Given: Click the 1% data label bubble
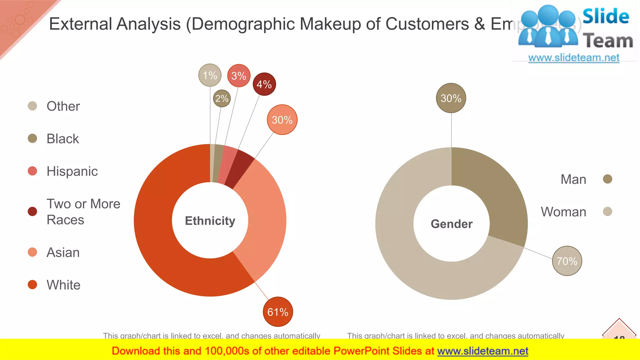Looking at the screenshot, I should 210,75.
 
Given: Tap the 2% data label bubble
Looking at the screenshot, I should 222,98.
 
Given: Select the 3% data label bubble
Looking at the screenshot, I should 239,76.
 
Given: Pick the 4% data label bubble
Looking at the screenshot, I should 264,84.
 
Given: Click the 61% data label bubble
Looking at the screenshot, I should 278,312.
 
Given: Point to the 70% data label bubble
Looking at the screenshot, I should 567,261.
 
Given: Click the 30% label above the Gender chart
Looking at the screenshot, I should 451,98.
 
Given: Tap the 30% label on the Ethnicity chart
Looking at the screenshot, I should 282,120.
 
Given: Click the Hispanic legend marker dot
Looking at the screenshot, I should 32,171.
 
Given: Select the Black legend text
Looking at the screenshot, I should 63,139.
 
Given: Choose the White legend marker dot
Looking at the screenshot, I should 32,285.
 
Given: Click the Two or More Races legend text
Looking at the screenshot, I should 83,212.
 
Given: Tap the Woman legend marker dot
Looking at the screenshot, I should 607,212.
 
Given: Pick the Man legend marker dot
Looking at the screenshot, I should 607,179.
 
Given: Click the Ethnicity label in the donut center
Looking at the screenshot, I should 210,221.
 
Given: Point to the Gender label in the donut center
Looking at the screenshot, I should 452,224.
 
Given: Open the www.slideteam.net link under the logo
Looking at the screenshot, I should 574,57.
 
